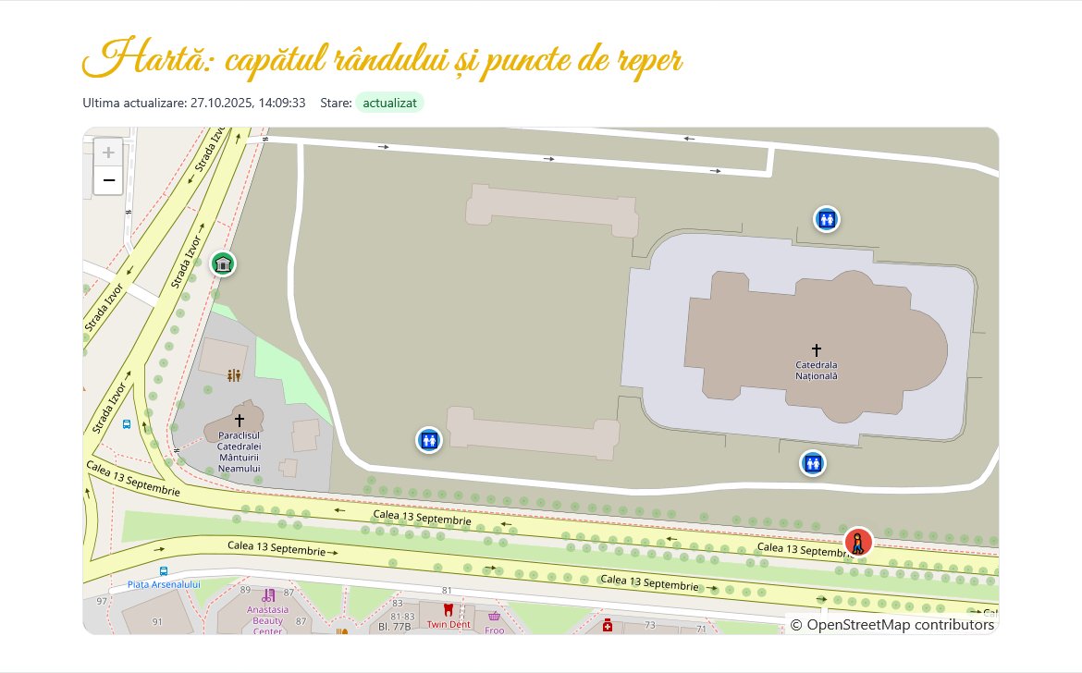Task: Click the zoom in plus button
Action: point(108,153)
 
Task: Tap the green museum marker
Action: point(222,265)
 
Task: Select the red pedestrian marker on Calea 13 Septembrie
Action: point(858,543)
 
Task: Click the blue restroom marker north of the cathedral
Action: point(826,219)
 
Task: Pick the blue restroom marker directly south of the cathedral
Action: point(813,462)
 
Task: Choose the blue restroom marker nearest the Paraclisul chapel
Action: point(428,440)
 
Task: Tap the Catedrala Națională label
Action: point(816,370)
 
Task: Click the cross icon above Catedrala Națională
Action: point(816,349)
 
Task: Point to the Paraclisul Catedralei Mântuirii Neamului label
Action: point(240,451)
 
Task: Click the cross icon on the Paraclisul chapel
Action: point(240,421)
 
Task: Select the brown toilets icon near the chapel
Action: point(234,376)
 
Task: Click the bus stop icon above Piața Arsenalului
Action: point(164,571)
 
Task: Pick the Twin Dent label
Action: point(449,624)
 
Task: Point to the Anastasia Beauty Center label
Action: point(267,620)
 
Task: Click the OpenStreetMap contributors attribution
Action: point(892,625)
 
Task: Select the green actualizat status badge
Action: point(389,103)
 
